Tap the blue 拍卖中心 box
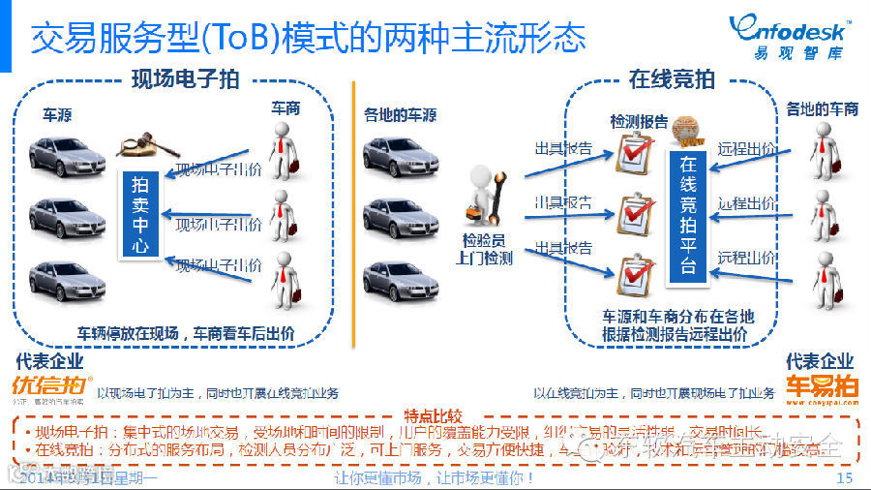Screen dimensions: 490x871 click(x=140, y=214)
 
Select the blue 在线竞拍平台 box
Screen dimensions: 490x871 click(x=688, y=215)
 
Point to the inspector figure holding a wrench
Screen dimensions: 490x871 click(x=485, y=199)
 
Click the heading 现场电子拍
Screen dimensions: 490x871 click(x=185, y=79)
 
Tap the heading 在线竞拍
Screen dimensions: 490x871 click(x=672, y=79)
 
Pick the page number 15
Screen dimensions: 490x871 click(x=844, y=478)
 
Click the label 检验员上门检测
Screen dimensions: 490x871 click(x=484, y=250)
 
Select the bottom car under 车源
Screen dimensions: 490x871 click(x=67, y=280)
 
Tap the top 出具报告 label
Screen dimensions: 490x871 click(x=564, y=149)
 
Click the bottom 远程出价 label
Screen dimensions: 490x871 click(x=746, y=258)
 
